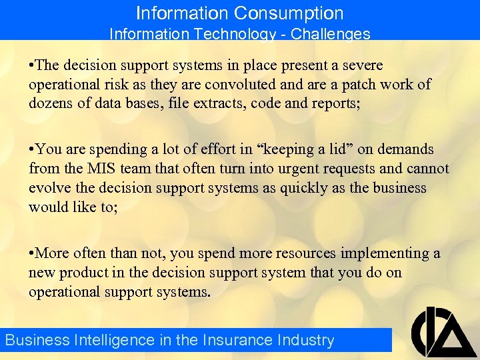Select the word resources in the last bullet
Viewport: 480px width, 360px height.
(305, 253)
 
